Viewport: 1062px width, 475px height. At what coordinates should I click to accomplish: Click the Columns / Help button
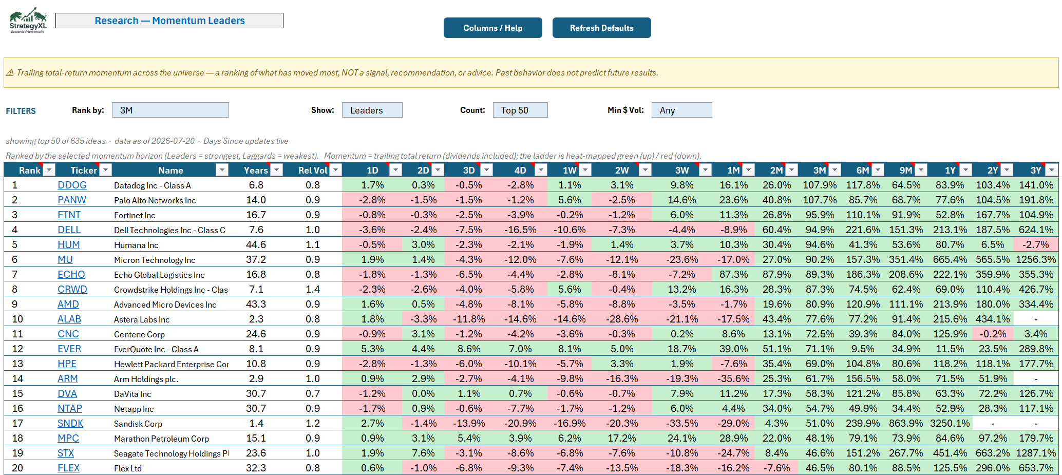tap(492, 28)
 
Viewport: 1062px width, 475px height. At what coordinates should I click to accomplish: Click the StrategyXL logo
tap(28, 21)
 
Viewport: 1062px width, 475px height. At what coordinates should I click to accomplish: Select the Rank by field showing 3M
tap(170, 110)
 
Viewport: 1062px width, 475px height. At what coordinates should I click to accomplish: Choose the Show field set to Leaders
tap(372, 110)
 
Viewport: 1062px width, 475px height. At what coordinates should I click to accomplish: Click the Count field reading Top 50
tap(520, 110)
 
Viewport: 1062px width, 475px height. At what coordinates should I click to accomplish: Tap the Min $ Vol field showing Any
tap(681, 110)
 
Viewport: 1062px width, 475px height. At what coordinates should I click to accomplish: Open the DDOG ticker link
tap(72, 185)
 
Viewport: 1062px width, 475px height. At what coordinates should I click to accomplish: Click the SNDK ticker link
tap(70, 424)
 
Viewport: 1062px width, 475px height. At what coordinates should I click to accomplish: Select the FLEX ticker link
tap(69, 468)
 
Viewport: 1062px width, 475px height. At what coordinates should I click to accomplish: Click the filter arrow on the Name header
tap(222, 170)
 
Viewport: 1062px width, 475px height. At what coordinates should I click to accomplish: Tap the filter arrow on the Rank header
tap(49, 170)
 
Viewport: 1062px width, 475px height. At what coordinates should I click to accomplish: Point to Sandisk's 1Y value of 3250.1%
tap(950, 424)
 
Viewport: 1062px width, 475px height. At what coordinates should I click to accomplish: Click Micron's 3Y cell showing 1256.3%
tap(1036, 260)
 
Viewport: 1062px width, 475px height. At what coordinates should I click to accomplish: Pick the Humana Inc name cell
tap(136, 245)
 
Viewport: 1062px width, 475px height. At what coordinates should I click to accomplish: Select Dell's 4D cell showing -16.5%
tap(520, 230)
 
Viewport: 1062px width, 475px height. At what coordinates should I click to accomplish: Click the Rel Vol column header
tap(313, 170)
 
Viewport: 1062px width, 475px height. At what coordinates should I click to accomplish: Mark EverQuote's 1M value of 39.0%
tap(733, 349)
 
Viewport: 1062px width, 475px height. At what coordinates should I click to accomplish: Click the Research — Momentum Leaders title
tap(169, 21)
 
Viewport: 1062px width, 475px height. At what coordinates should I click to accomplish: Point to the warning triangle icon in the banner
tap(10, 72)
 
